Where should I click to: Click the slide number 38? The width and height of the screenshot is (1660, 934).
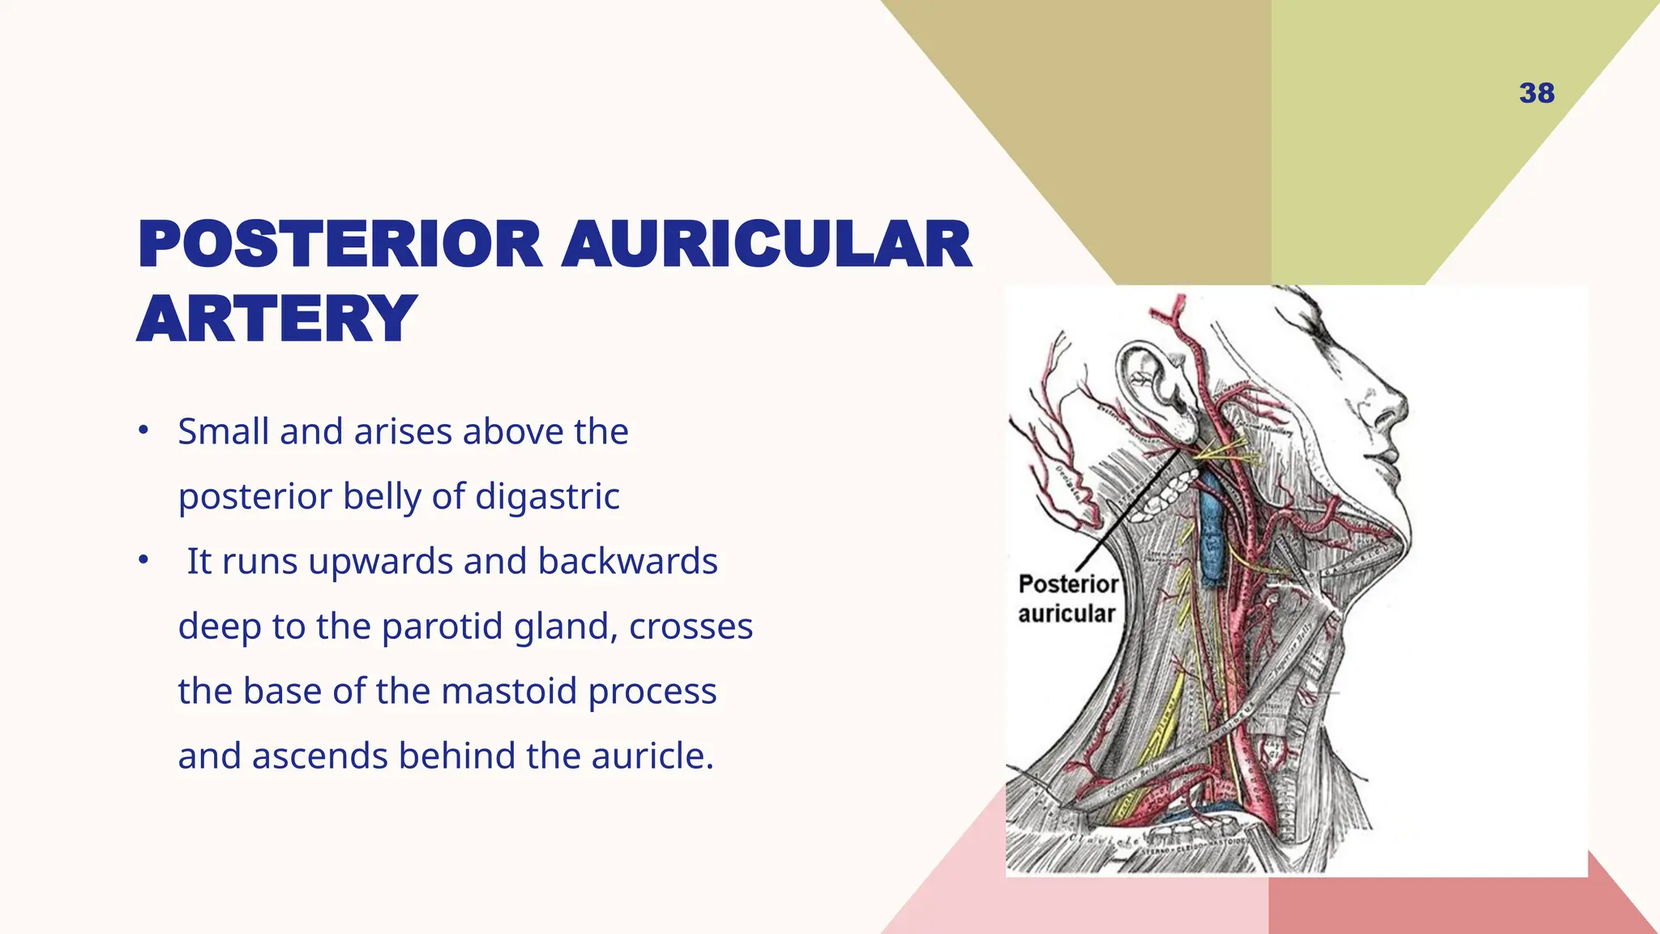point(1537,93)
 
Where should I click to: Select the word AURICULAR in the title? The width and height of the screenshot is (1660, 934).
point(766,245)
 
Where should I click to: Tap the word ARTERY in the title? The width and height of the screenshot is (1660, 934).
point(277,319)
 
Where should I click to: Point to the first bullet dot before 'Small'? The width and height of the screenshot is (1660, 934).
point(143,431)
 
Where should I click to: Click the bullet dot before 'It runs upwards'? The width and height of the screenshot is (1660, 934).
point(143,560)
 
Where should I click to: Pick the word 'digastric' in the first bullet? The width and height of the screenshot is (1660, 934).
point(547,496)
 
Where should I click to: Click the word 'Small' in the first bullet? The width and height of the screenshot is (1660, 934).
point(224,431)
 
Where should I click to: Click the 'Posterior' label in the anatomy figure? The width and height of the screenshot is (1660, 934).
point(1068,584)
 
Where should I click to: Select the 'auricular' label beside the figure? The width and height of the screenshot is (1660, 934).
point(1067,614)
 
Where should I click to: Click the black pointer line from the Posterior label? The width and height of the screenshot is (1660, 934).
point(1127,511)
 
